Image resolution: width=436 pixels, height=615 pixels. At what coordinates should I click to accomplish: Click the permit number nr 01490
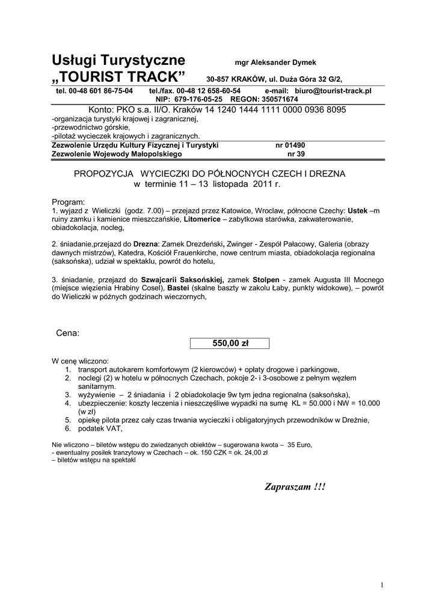tap(290, 145)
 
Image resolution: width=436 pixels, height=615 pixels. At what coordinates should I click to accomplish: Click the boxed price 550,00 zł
tap(230, 344)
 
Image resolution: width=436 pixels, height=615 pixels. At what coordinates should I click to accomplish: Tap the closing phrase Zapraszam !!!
tap(295, 486)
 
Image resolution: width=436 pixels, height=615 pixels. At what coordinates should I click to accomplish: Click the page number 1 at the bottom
tap(382, 585)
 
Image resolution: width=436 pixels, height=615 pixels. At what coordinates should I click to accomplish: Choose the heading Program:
tap(69, 202)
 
